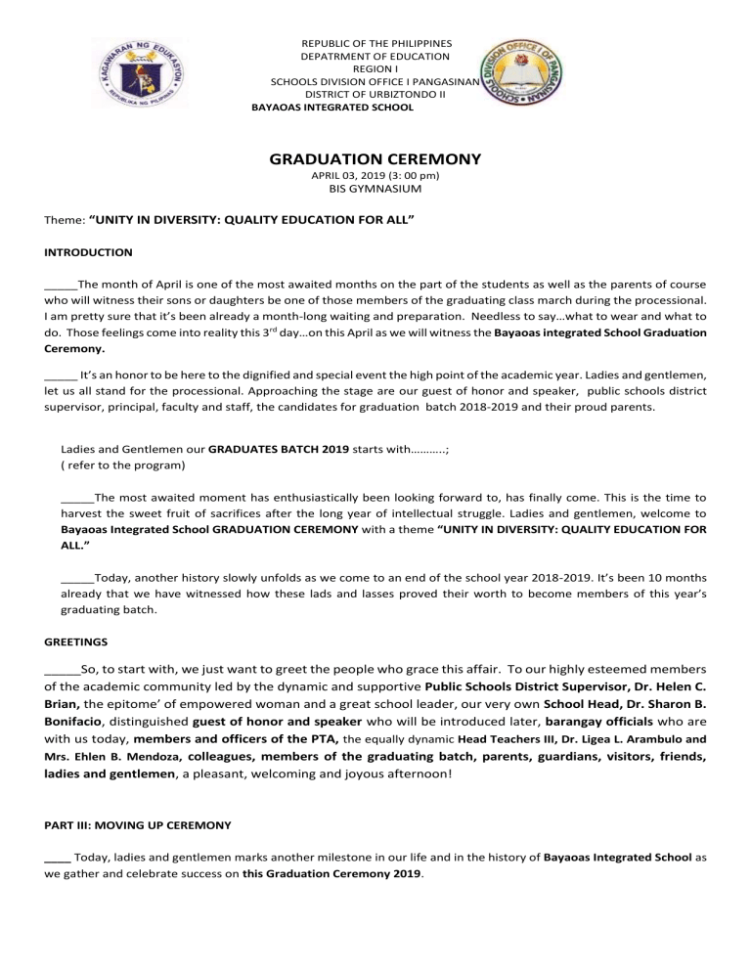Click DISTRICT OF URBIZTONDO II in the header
[362, 95]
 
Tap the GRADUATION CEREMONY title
[375, 158]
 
